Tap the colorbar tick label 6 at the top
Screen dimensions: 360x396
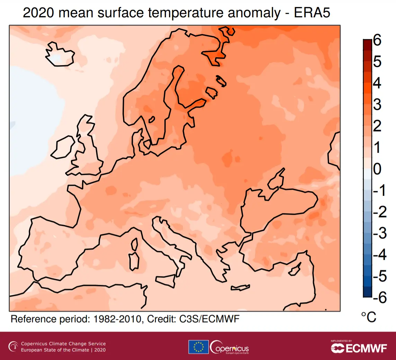[377, 41]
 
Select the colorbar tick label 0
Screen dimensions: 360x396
[377, 169]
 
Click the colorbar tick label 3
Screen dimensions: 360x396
[377, 105]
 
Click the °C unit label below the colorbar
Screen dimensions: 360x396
[368, 317]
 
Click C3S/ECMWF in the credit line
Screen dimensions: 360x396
[210, 319]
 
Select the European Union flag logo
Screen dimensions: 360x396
[198, 347]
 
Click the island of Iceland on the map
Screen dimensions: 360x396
[60, 54]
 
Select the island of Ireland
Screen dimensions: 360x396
[64, 147]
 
